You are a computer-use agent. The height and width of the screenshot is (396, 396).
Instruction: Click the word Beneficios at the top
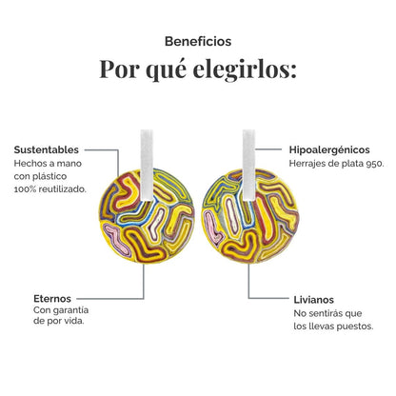(x=198, y=41)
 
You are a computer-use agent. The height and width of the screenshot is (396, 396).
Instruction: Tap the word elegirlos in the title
(x=245, y=69)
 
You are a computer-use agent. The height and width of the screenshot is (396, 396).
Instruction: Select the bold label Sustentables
(x=47, y=149)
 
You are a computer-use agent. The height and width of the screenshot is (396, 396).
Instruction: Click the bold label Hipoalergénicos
(x=329, y=149)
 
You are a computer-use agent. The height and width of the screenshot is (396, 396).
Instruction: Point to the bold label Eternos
(x=52, y=299)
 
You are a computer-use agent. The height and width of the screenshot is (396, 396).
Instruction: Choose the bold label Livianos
(x=313, y=300)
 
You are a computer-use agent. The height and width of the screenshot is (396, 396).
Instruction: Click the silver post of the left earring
(x=147, y=165)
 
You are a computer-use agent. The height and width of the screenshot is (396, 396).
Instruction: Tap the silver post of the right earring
(x=248, y=165)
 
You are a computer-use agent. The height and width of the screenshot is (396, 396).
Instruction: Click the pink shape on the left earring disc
(x=117, y=239)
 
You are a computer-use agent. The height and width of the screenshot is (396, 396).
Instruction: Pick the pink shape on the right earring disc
(x=212, y=227)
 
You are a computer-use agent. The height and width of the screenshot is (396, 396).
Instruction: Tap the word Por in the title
(x=120, y=69)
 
